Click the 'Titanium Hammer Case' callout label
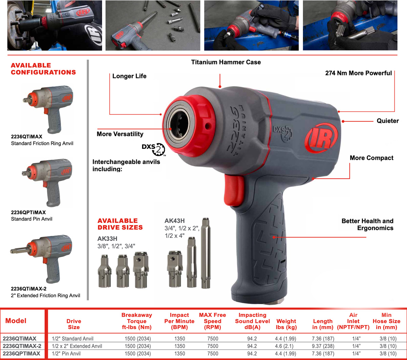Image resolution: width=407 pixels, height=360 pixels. pos(226,62)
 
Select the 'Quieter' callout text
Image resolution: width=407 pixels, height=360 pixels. pos(388,121)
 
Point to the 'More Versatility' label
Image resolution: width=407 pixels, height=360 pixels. pos(120,134)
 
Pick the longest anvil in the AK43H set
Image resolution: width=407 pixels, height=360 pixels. pos(206,253)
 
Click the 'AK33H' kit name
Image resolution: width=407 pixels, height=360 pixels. pos(107,239)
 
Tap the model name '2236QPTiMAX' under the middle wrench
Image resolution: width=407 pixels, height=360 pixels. pos(28,212)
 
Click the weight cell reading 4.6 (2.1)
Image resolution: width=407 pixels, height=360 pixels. pos(286,346)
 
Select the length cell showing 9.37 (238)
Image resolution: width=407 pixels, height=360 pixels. pos(323,346)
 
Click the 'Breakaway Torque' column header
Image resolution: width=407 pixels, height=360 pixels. pos(137,321)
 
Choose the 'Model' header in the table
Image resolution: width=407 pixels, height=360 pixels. pos(16,321)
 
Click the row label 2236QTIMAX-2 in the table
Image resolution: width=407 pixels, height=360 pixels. pos(22,346)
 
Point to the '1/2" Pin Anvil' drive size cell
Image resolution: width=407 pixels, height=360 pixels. pos(66,354)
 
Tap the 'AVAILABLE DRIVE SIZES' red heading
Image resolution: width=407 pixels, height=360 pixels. pos(120,224)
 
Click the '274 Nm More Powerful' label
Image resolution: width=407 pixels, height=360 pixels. pos(358,73)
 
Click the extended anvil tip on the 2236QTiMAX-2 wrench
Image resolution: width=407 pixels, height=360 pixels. pos(12,251)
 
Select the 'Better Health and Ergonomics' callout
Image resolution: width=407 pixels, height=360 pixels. pos(367,224)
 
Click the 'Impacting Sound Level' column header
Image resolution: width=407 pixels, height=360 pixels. pos(252,321)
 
